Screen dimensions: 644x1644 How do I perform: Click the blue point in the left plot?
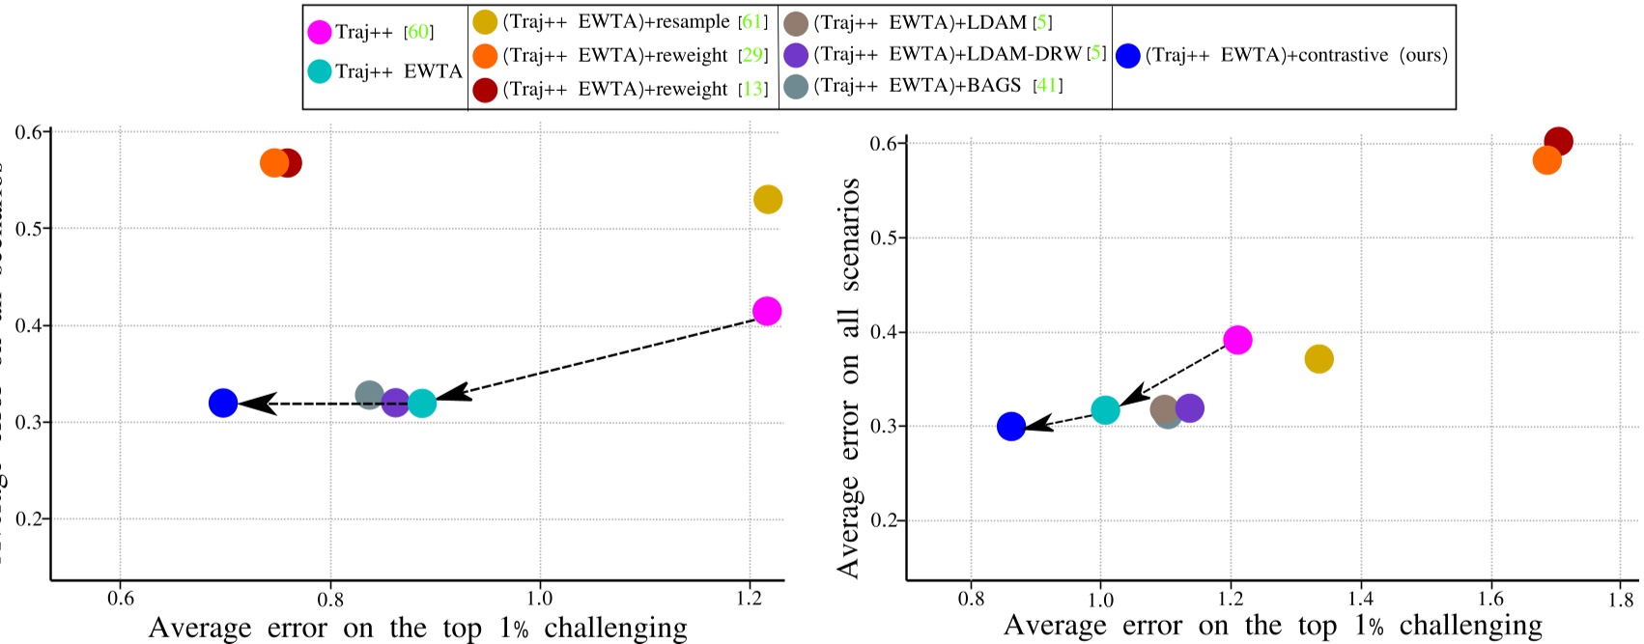223,403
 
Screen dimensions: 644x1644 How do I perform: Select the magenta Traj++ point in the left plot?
767,311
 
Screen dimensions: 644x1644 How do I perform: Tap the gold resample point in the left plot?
767,200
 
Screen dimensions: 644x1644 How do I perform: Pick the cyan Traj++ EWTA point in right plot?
1105,409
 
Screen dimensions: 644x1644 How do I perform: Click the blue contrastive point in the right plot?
1011,426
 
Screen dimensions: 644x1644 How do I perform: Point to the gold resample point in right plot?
1318,359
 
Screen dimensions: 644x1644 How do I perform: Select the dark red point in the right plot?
1558,142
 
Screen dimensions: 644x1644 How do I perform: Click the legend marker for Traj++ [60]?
320,32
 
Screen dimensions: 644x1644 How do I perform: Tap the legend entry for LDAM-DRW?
947,55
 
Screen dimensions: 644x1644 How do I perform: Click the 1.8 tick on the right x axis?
1622,599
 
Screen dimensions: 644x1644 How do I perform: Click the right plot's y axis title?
849,377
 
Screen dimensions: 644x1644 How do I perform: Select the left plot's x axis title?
417,628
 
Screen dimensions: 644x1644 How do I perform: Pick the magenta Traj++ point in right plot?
1237,340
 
